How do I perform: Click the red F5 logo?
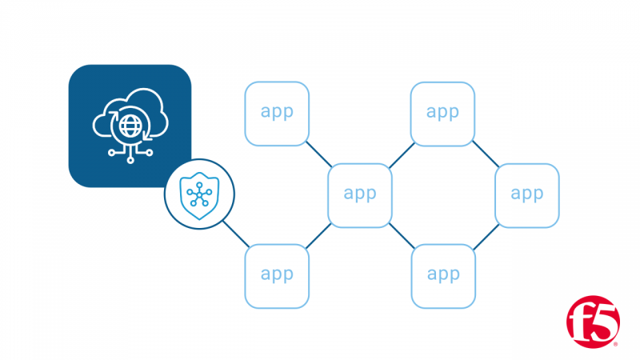coord(593,322)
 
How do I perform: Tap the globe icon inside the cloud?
coord(130,126)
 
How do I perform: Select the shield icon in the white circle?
coord(199,196)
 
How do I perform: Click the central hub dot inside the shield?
coord(199,195)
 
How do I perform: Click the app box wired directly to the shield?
coord(277,276)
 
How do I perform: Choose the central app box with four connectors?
coord(359,195)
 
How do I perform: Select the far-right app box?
coord(527,195)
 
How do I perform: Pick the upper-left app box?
coord(277,114)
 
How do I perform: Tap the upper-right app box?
coord(442,114)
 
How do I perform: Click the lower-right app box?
coord(443,276)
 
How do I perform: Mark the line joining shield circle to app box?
coord(236,234)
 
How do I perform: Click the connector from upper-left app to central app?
coord(318,154)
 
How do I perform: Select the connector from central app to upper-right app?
coord(402,155)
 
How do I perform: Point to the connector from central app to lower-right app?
coord(402,236)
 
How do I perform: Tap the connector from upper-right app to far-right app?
coord(486,154)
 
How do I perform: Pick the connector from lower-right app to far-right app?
coord(486,237)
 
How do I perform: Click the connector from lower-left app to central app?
coord(318,236)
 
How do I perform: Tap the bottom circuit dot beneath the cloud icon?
coord(130,161)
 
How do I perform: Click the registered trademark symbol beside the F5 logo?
coord(616,345)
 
